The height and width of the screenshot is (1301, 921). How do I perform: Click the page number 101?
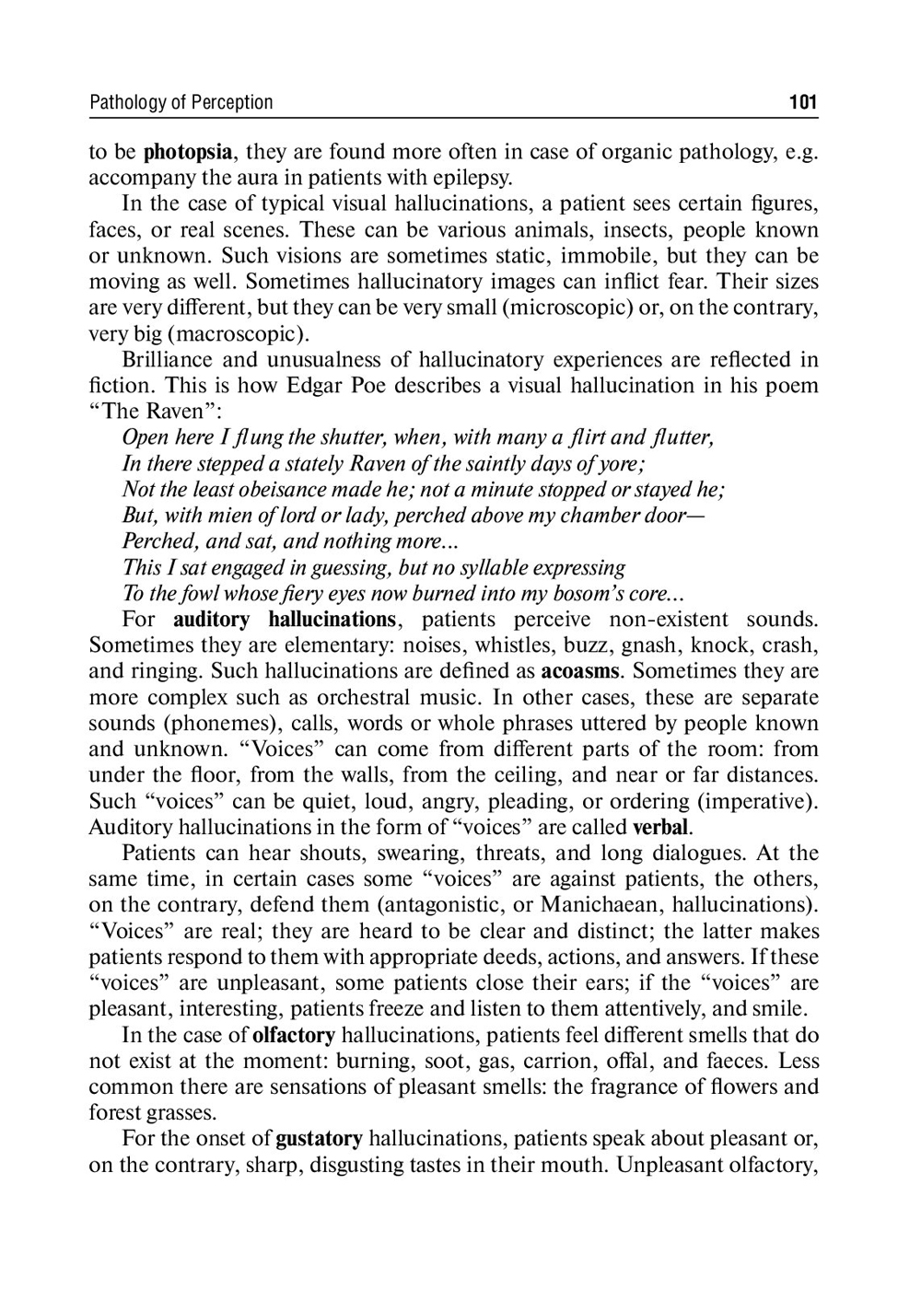[802, 102]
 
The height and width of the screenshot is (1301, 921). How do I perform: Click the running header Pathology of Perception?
[181, 102]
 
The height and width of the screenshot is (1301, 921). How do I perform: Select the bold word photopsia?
[187, 152]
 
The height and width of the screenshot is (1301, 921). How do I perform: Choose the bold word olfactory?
[294, 1035]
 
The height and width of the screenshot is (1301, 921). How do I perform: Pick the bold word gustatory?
[319, 1139]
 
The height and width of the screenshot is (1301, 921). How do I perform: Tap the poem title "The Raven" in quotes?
[151, 411]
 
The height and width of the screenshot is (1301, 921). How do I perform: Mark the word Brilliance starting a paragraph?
[166, 359]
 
